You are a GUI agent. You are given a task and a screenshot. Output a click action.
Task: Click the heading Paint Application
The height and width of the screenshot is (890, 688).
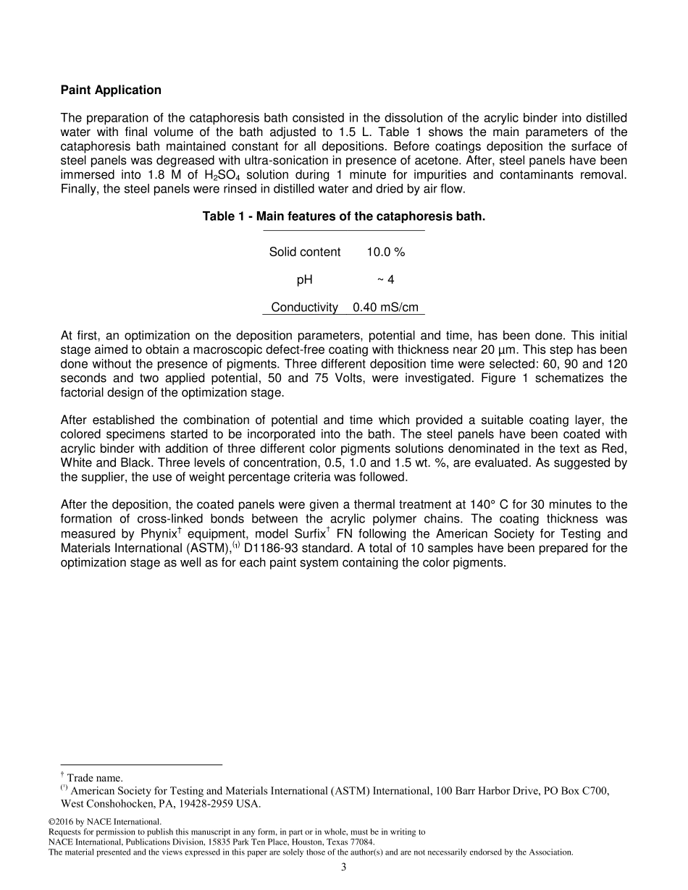[111, 90]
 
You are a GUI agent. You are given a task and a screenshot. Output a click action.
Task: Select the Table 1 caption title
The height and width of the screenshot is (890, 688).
[343, 216]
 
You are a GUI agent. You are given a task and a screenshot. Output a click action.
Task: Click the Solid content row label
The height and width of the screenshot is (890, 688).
[304, 252]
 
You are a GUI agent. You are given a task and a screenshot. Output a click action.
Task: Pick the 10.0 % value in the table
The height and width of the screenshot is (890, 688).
[385, 252]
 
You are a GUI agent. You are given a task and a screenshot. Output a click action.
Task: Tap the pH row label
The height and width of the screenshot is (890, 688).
[304, 279]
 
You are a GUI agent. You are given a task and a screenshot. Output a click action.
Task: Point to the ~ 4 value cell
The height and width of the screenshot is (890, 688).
[385, 279]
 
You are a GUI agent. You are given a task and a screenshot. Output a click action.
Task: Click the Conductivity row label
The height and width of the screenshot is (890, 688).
[304, 308]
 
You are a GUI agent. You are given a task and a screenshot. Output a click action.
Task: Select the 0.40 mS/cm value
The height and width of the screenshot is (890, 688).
[385, 308]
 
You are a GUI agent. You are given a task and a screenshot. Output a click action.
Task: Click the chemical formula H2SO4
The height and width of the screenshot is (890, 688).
[218, 176]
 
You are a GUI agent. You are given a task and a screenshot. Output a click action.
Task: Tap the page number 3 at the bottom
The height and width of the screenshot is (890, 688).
[344, 868]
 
